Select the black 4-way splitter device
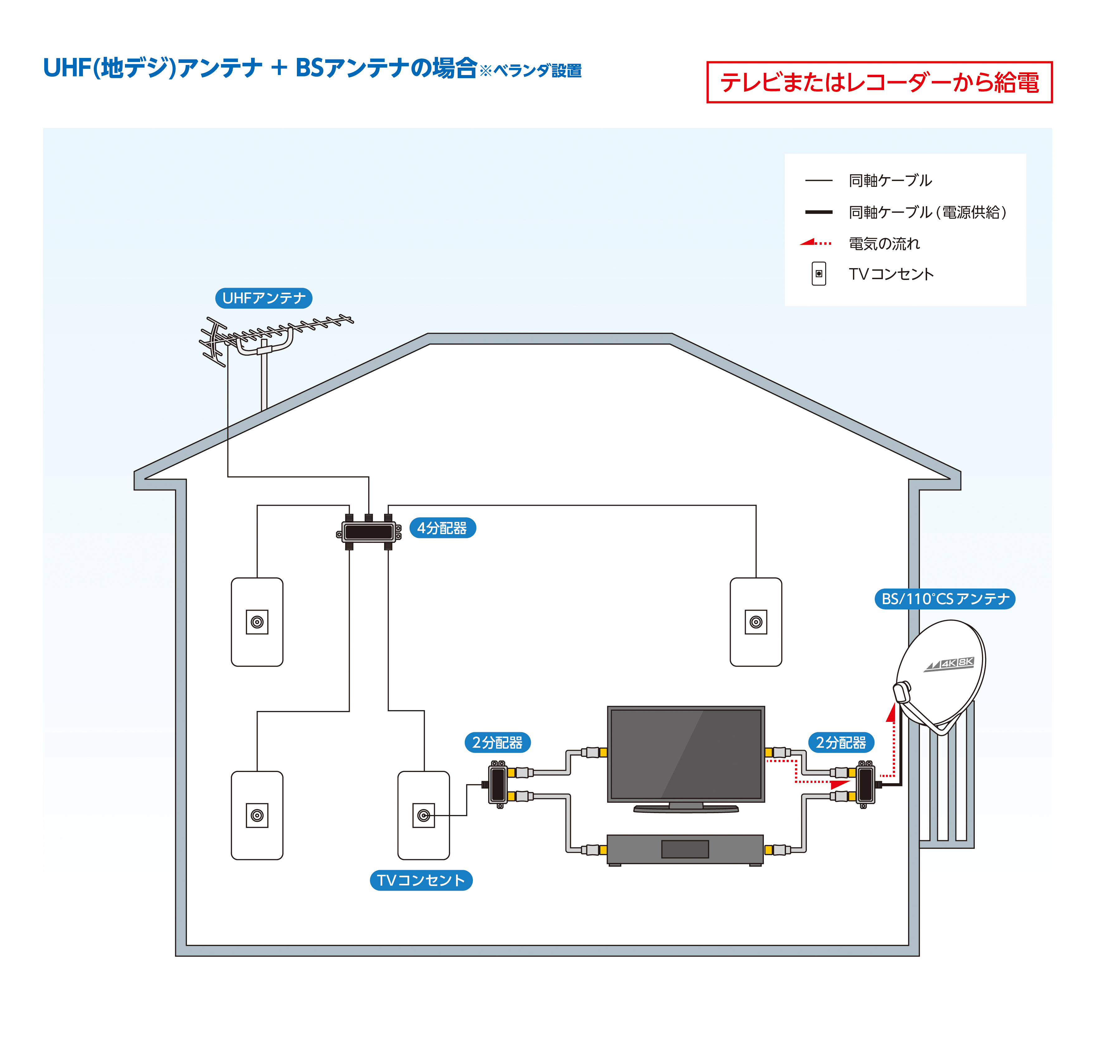(368, 532)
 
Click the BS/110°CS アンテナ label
(945, 599)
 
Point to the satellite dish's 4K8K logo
(950, 663)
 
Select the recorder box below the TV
(685, 849)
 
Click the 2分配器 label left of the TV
(497, 743)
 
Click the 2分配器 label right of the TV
(840, 743)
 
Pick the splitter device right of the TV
(865, 784)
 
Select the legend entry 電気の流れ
(884, 243)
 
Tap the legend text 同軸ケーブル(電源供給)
(927, 212)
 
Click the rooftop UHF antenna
(261, 339)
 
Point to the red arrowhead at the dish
(891, 712)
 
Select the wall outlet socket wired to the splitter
(423, 815)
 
